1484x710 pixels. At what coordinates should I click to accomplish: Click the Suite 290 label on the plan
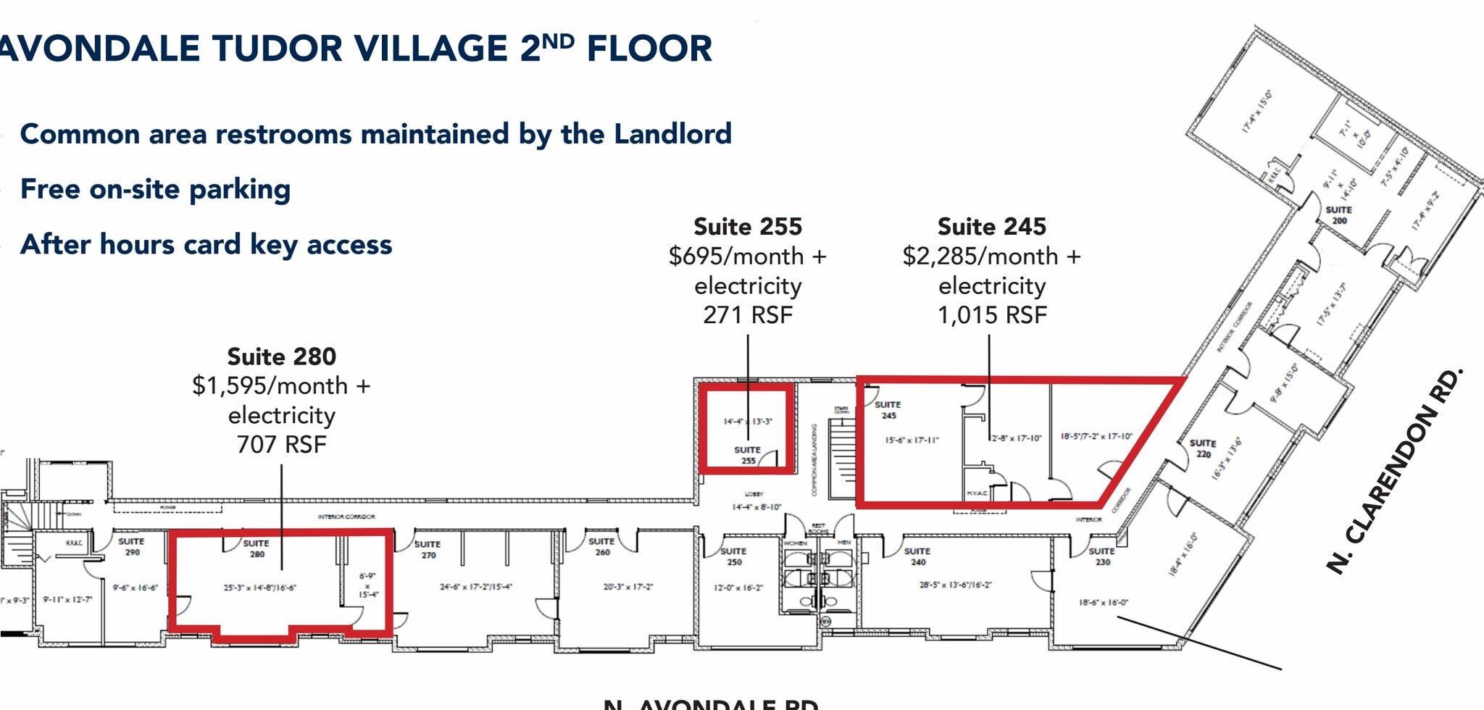(131, 546)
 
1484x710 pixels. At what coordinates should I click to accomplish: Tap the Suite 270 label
(428, 549)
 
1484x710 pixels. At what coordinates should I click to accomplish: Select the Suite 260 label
(601, 546)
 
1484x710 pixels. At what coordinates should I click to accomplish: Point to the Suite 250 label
(733, 556)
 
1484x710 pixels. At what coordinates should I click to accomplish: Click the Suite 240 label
(917, 556)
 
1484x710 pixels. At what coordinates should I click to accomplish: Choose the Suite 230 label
(1101, 556)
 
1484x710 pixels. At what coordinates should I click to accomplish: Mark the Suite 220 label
(1203, 448)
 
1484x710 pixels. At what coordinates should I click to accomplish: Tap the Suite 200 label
(1338, 214)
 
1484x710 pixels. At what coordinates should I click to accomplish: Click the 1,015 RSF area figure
(992, 315)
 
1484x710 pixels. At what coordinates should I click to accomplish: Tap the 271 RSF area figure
(748, 315)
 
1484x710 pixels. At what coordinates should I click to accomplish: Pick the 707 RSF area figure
(281, 444)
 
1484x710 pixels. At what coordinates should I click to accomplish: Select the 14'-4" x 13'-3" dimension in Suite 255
(748, 422)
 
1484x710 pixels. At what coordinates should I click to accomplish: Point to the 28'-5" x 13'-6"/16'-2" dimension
(955, 585)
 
